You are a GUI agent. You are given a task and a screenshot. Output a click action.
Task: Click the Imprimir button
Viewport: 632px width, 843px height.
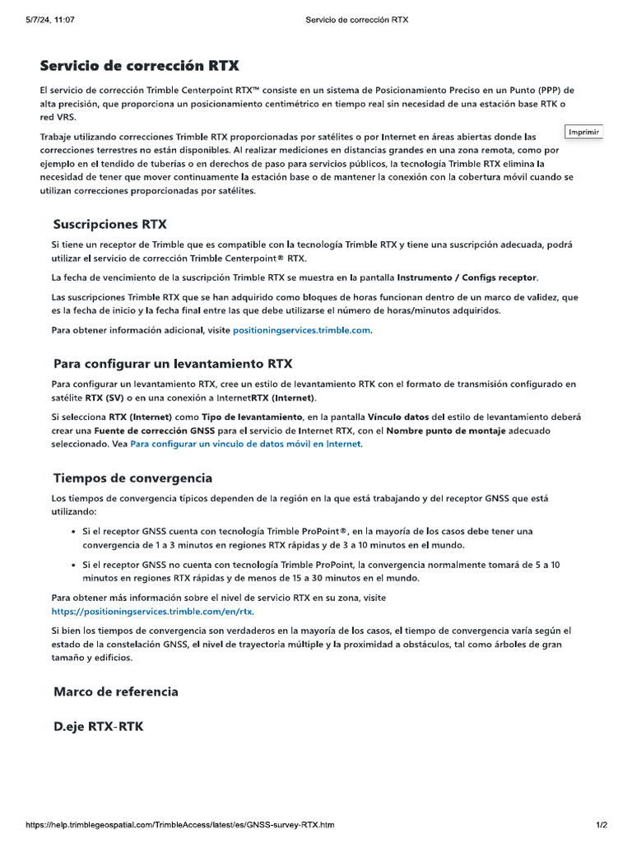(584, 132)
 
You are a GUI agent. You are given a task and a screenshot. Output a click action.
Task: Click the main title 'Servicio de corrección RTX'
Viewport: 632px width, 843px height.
(140, 66)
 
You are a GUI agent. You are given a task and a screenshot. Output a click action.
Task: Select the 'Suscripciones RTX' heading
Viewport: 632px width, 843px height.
(109, 224)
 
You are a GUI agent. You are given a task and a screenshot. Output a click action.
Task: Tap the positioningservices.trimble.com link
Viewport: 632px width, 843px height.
(302, 330)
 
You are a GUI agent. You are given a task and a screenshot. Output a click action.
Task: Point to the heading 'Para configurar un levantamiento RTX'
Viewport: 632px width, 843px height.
(173, 363)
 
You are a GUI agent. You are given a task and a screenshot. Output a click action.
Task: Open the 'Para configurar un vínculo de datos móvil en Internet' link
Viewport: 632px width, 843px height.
(245, 444)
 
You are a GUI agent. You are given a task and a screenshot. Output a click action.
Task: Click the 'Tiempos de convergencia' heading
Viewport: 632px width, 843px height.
(132, 477)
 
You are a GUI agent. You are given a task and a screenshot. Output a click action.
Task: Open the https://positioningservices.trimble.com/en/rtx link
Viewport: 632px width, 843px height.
(152, 612)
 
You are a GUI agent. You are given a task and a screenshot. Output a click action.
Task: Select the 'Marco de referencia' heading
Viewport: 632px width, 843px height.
(115, 692)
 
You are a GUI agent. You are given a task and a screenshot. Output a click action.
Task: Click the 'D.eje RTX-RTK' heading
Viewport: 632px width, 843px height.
(98, 727)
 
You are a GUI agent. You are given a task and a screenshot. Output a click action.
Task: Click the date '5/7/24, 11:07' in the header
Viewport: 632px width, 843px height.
(50, 19)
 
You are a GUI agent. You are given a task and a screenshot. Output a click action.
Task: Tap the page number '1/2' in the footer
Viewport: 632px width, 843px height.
(602, 825)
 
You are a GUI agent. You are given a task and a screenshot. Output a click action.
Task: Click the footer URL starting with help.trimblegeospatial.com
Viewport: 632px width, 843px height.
(180, 825)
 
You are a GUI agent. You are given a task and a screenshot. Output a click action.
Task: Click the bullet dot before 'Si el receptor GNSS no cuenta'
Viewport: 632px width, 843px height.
(74, 566)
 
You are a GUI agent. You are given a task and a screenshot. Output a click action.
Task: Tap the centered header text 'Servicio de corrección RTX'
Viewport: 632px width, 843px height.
(356, 19)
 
